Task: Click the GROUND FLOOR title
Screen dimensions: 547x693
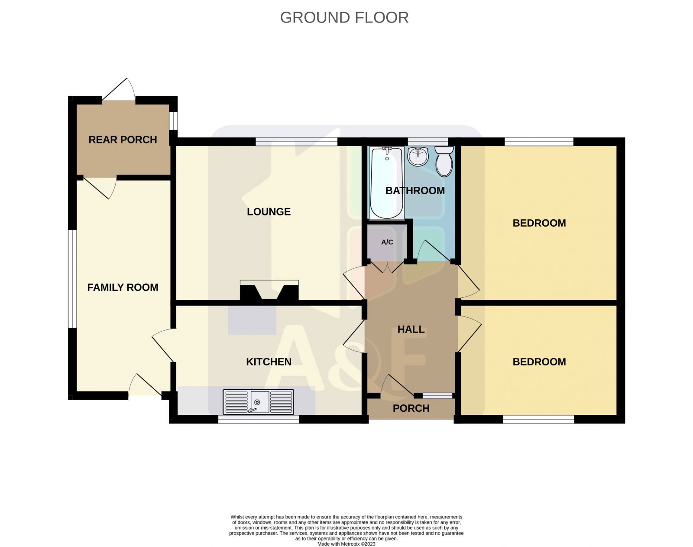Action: [x=344, y=18]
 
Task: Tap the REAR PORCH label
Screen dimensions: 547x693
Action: [x=123, y=140]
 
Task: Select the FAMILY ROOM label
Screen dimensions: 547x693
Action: [x=123, y=287]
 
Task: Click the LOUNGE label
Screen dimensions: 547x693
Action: [x=269, y=212]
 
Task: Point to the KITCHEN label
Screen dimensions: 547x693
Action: [x=269, y=362]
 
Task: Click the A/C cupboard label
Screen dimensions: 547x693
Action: [x=387, y=242]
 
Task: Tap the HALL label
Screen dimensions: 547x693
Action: [x=411, y=329]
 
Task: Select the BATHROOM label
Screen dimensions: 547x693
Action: [x=415, y=191]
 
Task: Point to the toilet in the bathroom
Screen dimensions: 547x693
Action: [x=444, y=162]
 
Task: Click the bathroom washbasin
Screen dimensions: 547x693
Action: [x=418, y=156]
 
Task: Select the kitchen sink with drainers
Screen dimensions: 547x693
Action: [x=258, y=402]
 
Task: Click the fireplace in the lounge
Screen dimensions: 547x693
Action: [x=269, y=290]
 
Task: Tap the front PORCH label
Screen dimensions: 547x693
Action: [x=411, y=408]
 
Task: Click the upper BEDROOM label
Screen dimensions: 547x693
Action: [x=539, y=223]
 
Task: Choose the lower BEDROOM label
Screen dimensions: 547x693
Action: [x=539, y=362]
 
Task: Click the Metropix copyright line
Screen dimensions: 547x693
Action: [x=346, y=544]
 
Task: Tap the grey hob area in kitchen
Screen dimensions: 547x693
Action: [x=252, y=320]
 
